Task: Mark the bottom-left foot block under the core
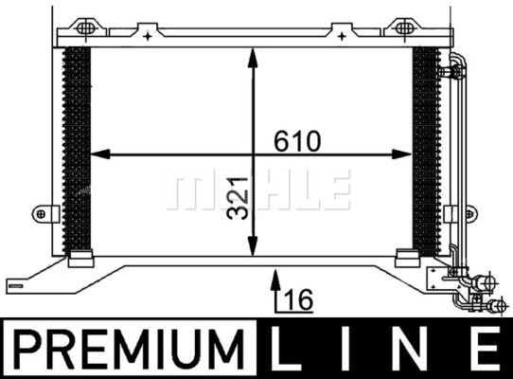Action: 81,255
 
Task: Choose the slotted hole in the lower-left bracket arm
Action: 20,280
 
